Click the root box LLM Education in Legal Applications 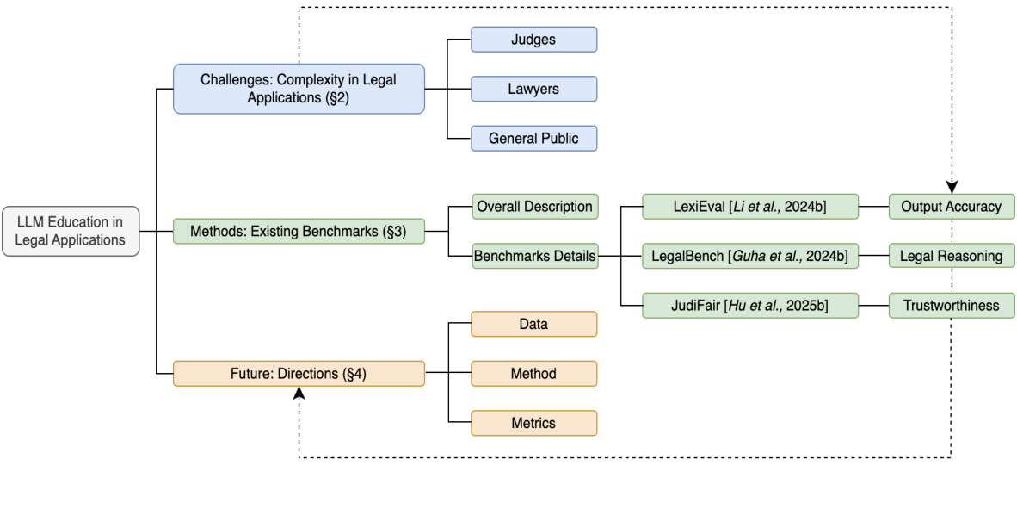(70, 231)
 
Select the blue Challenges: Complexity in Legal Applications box (299, 89)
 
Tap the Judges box (533, 40)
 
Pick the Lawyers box (533, 89)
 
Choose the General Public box (533, 139)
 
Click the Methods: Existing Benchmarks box (299, 231)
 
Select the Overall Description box (534, 207)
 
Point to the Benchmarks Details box (534, 256)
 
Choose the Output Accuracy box (951, 207)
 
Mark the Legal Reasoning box (951, 256)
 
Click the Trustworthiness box (951, 305)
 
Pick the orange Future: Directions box (299, 374)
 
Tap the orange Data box (533, 324)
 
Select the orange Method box (533, 374)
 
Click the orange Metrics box (533, 423)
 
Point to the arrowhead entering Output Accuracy (952, 187)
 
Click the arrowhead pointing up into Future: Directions (299, 393)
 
